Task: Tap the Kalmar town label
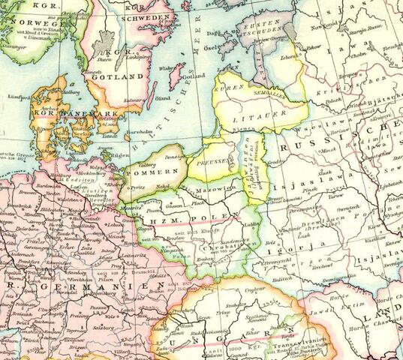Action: click(x=137, y=98)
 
